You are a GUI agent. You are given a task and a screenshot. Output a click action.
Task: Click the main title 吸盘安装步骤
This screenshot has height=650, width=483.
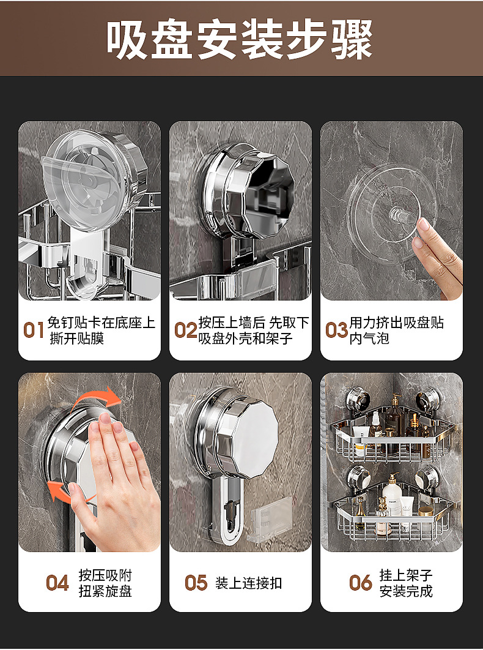pyautogui.click(x=240, y=40)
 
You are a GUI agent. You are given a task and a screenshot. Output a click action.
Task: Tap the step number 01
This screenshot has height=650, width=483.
pyautogui.click(x=34, y=331)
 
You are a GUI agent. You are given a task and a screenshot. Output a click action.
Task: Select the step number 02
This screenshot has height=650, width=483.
pyautogui.click(x=185, y=331)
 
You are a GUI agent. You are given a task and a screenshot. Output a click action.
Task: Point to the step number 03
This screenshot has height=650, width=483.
pyautogui.click(x=336, y=331)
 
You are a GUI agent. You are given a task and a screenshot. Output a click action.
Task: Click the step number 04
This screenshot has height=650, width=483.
pyautogui.click(x=57, y=583)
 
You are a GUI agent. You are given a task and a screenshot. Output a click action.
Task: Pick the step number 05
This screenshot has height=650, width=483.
pyautogui.click(x=196, y=583)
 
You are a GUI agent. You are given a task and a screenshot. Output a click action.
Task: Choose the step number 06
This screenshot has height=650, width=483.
pyautogui.click(x=360, y=583)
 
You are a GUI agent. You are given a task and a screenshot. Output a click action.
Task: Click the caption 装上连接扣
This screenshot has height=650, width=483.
pyautogui.click(x=249, y=583)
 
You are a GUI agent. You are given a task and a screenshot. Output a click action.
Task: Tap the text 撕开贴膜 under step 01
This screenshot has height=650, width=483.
pyautogui.click(x=76, y=338)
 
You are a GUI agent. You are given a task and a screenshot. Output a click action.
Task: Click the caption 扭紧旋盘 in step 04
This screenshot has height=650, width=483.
pyautogui.click(x=105, y=591)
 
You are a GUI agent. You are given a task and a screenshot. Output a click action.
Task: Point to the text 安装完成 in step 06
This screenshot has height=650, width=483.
pyautogui.click(x=406, y=591)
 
